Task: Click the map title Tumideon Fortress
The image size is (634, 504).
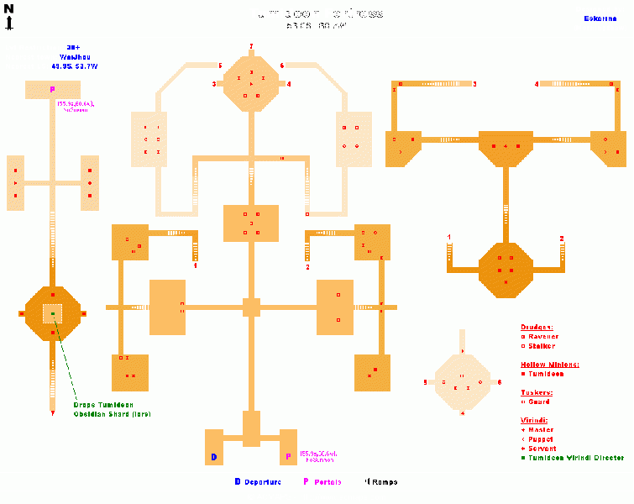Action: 317,13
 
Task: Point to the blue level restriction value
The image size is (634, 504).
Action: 73,47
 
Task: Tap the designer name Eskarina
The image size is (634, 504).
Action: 600,18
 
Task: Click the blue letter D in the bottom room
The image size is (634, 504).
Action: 214,457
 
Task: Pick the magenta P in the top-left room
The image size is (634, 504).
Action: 52,89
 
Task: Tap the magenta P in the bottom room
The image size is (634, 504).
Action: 288,457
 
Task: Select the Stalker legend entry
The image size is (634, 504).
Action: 542,346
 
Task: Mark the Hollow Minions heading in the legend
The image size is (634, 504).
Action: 550,365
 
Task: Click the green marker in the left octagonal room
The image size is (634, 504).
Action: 52,313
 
